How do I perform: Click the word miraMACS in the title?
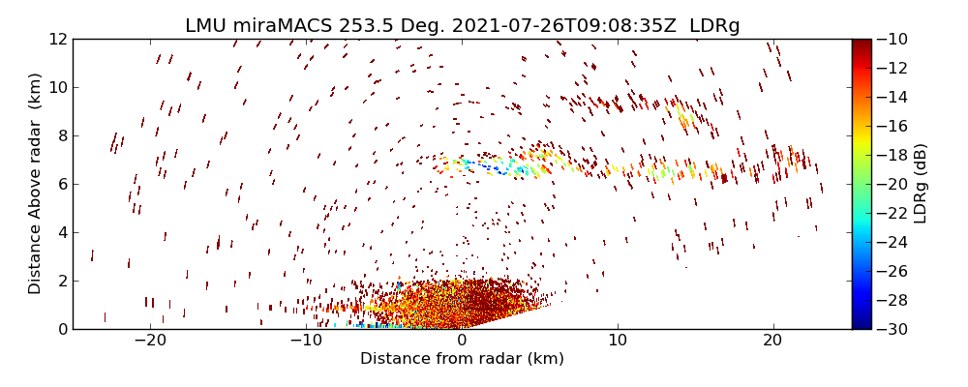coord(282,26)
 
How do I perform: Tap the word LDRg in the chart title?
coord(714,26)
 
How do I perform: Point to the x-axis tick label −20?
coord(150,341)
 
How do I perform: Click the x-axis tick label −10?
coord(306,341)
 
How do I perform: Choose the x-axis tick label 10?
coord(618,341)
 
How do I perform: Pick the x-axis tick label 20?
coord(772,341)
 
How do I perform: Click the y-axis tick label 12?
coord(56,39)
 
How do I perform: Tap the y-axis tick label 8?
coord(61,135)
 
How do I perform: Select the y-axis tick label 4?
coord(61,232)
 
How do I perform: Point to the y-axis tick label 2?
coord(61,281)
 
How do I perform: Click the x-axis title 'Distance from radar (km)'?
coord(462,359)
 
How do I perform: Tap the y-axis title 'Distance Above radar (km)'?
coord(36,184)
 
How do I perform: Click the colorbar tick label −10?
coord(895,39)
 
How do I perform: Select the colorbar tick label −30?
coord(895,329)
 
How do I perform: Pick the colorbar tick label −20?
coord(895,184)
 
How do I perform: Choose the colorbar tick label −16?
coord(895,126)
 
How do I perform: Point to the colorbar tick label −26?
coord(895,271)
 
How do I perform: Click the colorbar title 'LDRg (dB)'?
coord(921,184)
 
